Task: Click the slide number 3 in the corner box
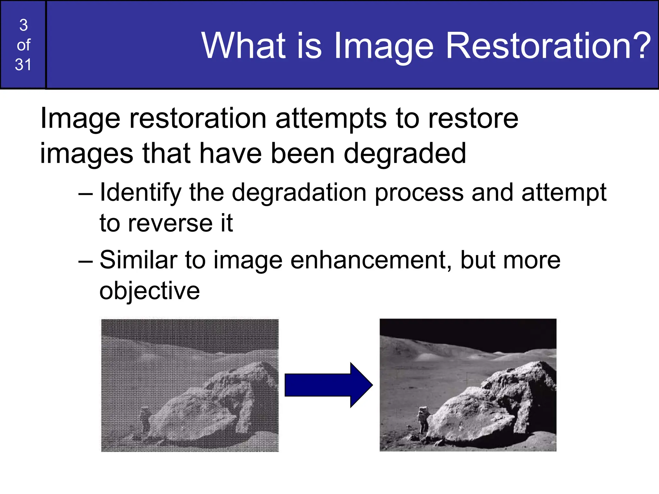23,25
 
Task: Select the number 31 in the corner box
23,65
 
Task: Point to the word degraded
404,154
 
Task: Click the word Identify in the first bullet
141,192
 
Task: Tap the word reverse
170,223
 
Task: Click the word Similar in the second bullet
139,260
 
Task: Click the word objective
150,291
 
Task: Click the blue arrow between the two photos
328,385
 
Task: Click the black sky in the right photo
467,331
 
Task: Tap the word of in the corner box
23,45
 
